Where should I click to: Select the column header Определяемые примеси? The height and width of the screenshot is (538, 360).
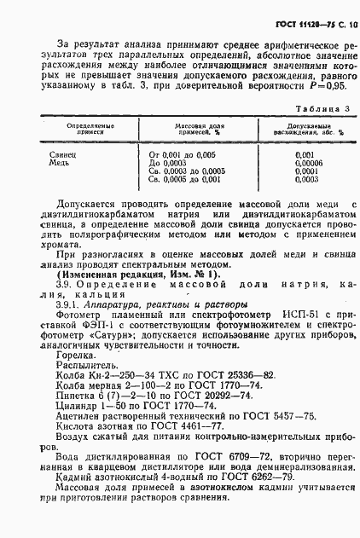74,130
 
